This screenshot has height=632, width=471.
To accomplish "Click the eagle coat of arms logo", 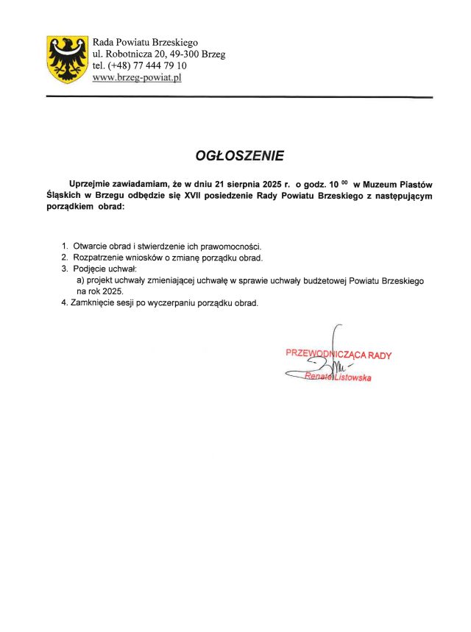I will pos(67,58).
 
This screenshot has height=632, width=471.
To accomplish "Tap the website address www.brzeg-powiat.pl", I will pos(137,77).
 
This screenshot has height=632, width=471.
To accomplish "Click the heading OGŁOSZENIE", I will pos(238,156).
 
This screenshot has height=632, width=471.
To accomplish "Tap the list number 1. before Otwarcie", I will pos(65,246).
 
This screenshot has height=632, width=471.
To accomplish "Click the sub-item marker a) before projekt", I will pos(81,281).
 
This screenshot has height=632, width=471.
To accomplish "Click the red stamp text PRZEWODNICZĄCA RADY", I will pos(339,355).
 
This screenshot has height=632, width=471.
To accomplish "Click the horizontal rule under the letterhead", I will pos(239,97).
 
